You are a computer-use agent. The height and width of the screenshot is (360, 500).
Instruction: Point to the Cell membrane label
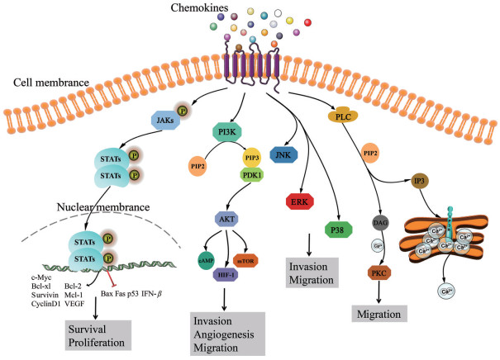pyautogui.click(x=47, y=84)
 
